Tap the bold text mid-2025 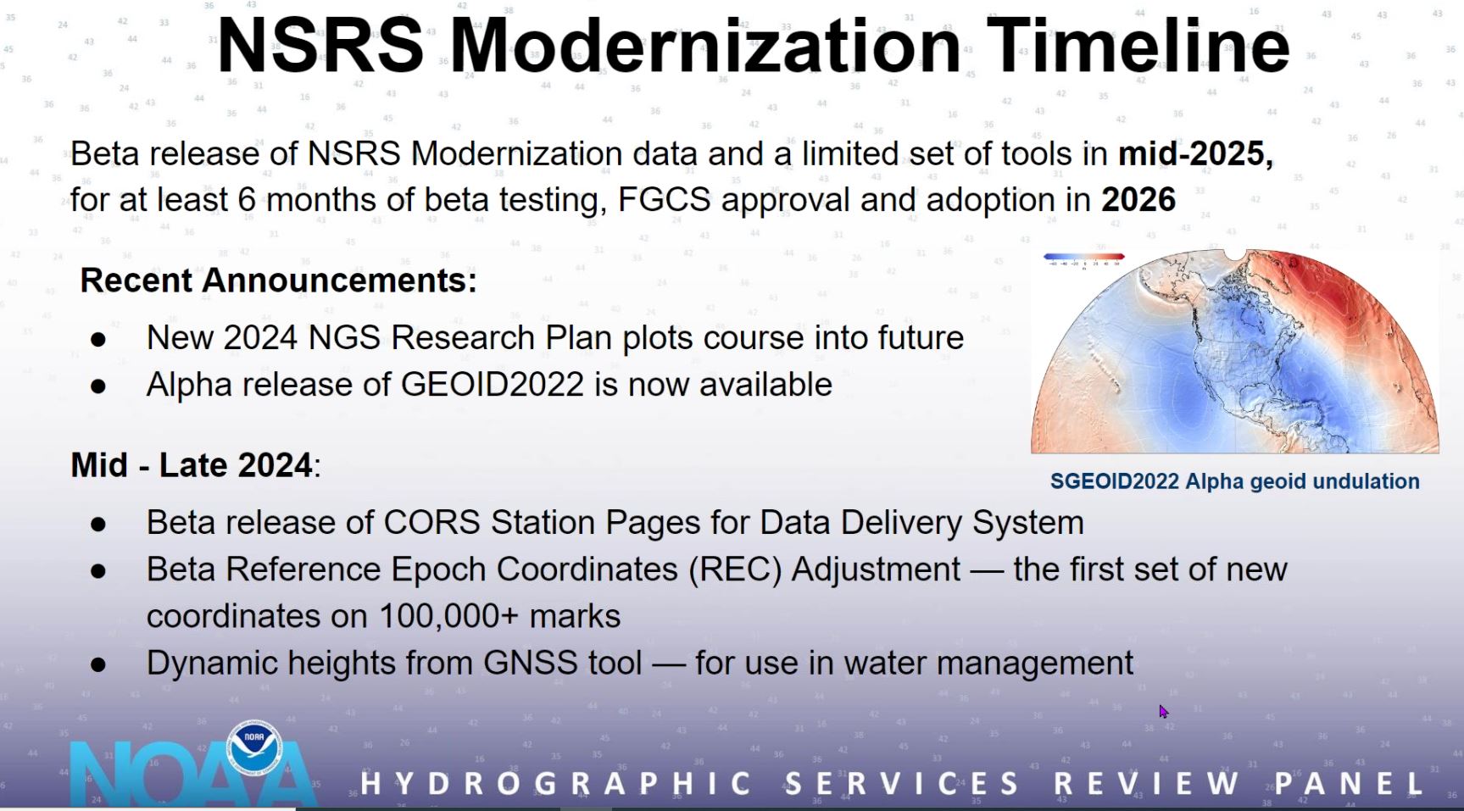pyautogui.click(x=1195, y=153)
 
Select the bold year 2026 pyautogui.click(x=1138, y=200)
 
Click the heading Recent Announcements pyautogui.click(x=278, y=281)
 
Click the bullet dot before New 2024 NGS pyautogui.click(x=98, y=340)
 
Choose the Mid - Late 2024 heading pyautogui.click(x=195, y=465)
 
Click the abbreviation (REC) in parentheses pyautogui.click(x=735, y=569)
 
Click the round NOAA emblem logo pyautogui.click(x=254, y=747)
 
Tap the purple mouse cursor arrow pyautogui.click(x=1164, y=712)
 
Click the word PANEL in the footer pyautogui.click(x=1349, y=784)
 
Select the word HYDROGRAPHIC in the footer pyautogui.click(x=556, y=784)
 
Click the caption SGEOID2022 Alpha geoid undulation pyautogui.click(x=1234, y=481)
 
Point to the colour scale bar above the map pyautogui.click(x=1084, y=256)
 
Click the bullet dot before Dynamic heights pyautogui.click(x=98, y=665)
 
